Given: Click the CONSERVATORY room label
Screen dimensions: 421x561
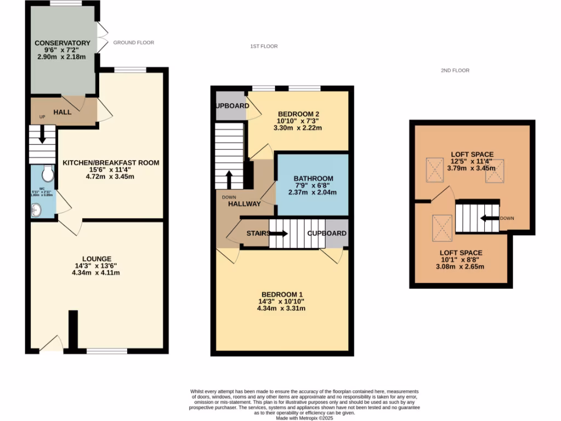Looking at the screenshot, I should point(62,43).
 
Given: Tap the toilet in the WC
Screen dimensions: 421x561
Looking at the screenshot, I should point(48,173).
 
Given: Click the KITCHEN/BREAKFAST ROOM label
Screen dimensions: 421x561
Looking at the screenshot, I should point(111,163).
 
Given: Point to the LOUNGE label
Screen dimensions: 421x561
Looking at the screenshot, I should point(97,259).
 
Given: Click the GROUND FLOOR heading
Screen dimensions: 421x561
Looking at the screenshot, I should point(133,43).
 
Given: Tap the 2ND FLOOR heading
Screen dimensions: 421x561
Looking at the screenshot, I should point(455,71).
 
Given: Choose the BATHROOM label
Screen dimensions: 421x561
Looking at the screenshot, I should point(313,179).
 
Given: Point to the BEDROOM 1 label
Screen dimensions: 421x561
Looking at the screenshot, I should point(281,293).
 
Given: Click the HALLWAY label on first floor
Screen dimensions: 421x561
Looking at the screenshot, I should point(244,204).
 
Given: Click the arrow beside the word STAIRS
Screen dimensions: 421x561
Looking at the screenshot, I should point(279,234).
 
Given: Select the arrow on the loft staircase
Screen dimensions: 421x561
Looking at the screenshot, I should point(488,218).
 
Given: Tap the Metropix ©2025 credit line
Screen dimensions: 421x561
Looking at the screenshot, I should point(305,418).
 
